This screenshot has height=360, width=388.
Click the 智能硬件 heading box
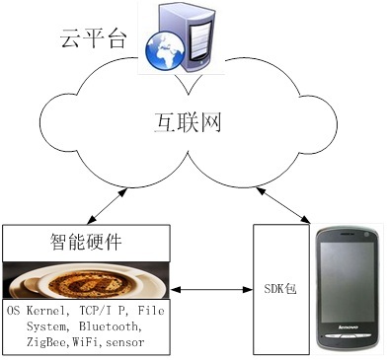point(85,241)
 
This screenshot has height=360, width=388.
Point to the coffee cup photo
point(85,280)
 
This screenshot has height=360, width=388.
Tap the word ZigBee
point(31,341)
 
